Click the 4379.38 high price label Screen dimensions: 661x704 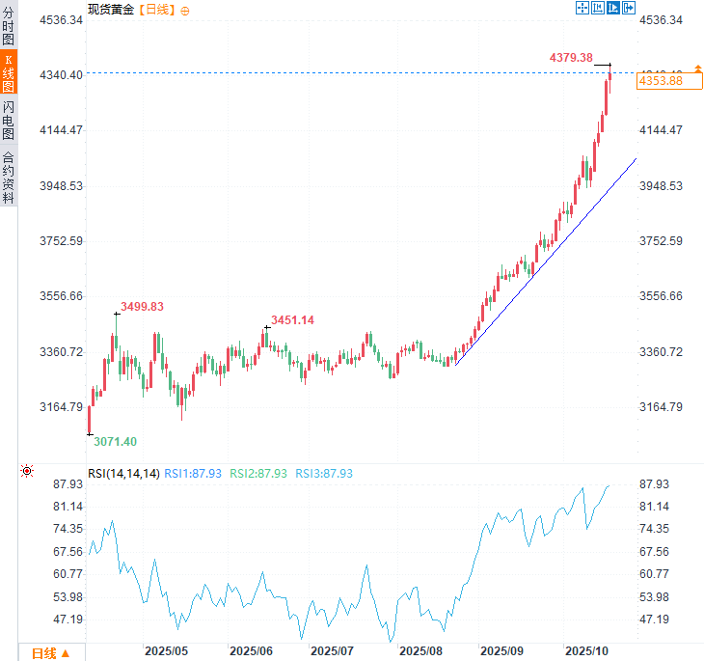571,58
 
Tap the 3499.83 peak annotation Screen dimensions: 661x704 142,307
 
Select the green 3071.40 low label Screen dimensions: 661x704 115,441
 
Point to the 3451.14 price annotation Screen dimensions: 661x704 293,319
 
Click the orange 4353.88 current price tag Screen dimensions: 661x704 661,81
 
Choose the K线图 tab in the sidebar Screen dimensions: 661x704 9,71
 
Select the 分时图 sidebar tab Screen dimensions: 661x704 9,26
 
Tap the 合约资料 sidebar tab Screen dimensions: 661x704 9,177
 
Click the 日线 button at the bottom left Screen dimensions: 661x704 50,653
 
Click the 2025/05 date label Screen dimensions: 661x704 166,652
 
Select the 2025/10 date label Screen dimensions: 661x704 588,652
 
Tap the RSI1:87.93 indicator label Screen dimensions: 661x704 193,474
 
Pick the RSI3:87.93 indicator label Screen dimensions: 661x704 324,474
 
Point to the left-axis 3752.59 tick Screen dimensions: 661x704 63,241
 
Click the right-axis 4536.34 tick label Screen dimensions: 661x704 662,19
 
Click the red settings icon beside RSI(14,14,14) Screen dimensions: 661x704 27,471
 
